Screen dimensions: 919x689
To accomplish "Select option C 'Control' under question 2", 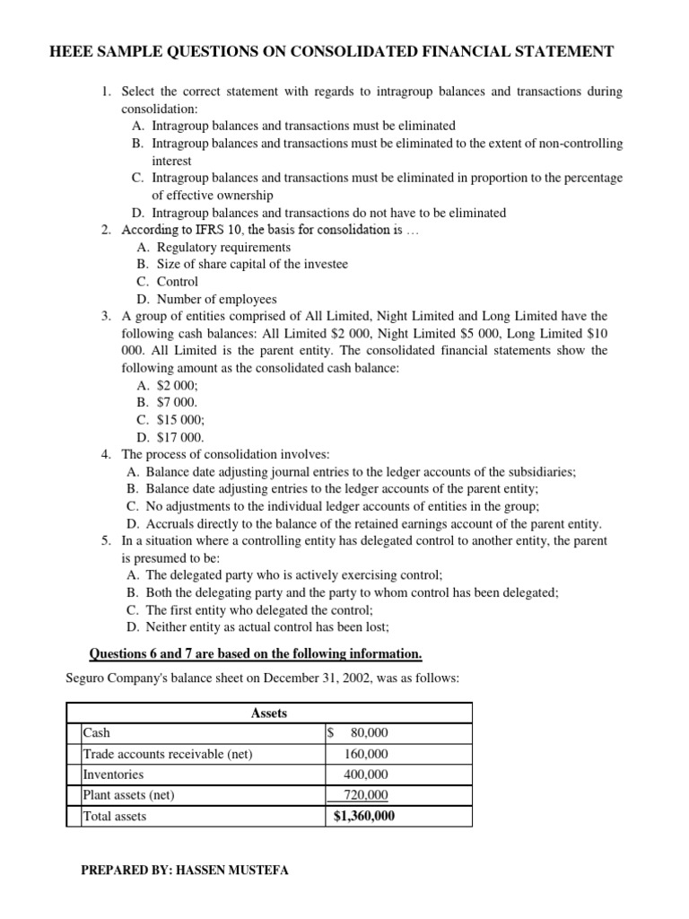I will (178, 282).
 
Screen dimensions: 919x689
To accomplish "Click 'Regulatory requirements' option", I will (223, 247).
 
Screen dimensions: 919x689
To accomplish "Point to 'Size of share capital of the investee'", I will (252, 264).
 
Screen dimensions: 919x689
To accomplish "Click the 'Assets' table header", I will (269, 713).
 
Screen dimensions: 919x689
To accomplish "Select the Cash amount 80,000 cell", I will (369, 733).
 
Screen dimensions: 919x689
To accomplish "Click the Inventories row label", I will (113, 775).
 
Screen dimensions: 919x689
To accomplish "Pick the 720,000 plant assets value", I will (366, 795).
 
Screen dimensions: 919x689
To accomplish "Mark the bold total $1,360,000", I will (363, 816).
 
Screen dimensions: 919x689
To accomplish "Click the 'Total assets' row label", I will (114, 816).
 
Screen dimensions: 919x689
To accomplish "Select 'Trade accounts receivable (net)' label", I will (167, 754).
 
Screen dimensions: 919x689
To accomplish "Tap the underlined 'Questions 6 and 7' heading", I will (144, 652).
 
